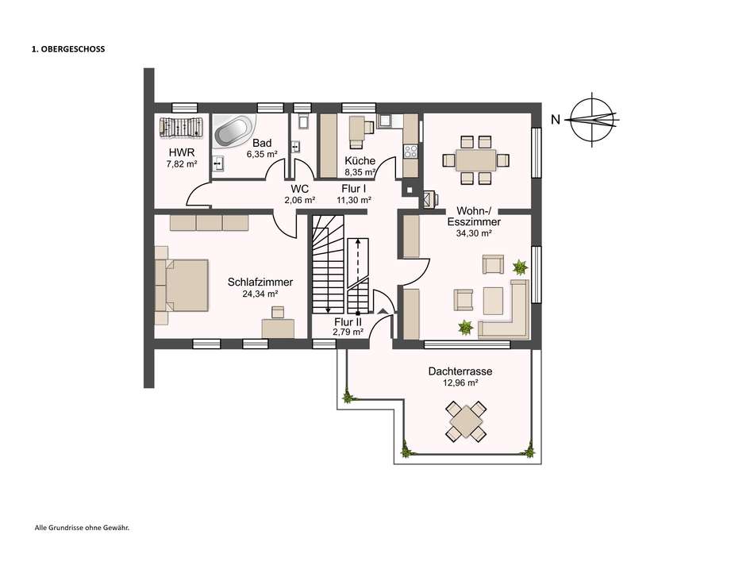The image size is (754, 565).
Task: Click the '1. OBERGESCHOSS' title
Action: pyautogui.click(x=67, y=49)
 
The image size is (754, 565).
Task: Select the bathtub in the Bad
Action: pyautogui.click(x=232, y=131)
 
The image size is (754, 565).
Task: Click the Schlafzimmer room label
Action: pyautogui.click(x=260, y=282)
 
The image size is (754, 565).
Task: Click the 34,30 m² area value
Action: pyautogui.click(x=473, y=234)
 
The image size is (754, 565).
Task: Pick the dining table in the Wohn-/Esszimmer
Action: pyautogui.click(x=475, y=160)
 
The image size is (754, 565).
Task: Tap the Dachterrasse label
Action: pyautogui.click(x=460, y=371)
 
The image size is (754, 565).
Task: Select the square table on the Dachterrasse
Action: pyautogui.click(x=467, y=421)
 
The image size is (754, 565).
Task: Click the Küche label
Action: pyautogui.click(x=360, y=160)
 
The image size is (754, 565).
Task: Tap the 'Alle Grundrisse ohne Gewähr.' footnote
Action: pyautogui.click(x=82, y=527)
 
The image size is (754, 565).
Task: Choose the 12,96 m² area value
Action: pyautogui.click(x=460, y=382)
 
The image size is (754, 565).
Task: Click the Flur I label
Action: pyautogui.click(x=354, y=189)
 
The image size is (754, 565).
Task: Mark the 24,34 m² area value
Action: pyautogui.click(x=260, y=294)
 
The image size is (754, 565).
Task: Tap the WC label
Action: pyautogui.click(x=299, y=189)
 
